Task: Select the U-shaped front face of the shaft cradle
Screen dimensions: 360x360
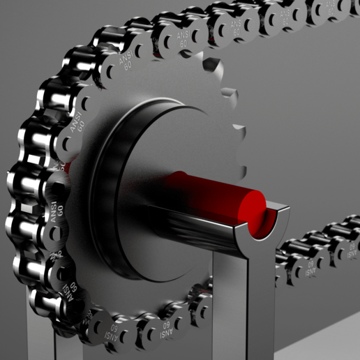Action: [x=262, y=234]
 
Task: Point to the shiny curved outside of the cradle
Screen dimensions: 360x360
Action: [x=202, y=230]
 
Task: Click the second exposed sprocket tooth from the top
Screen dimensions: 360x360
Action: [x=228, y=90]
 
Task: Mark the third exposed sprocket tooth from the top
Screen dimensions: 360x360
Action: [x=239, y=130]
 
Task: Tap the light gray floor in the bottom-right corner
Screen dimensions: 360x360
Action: [x=328, y=342]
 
